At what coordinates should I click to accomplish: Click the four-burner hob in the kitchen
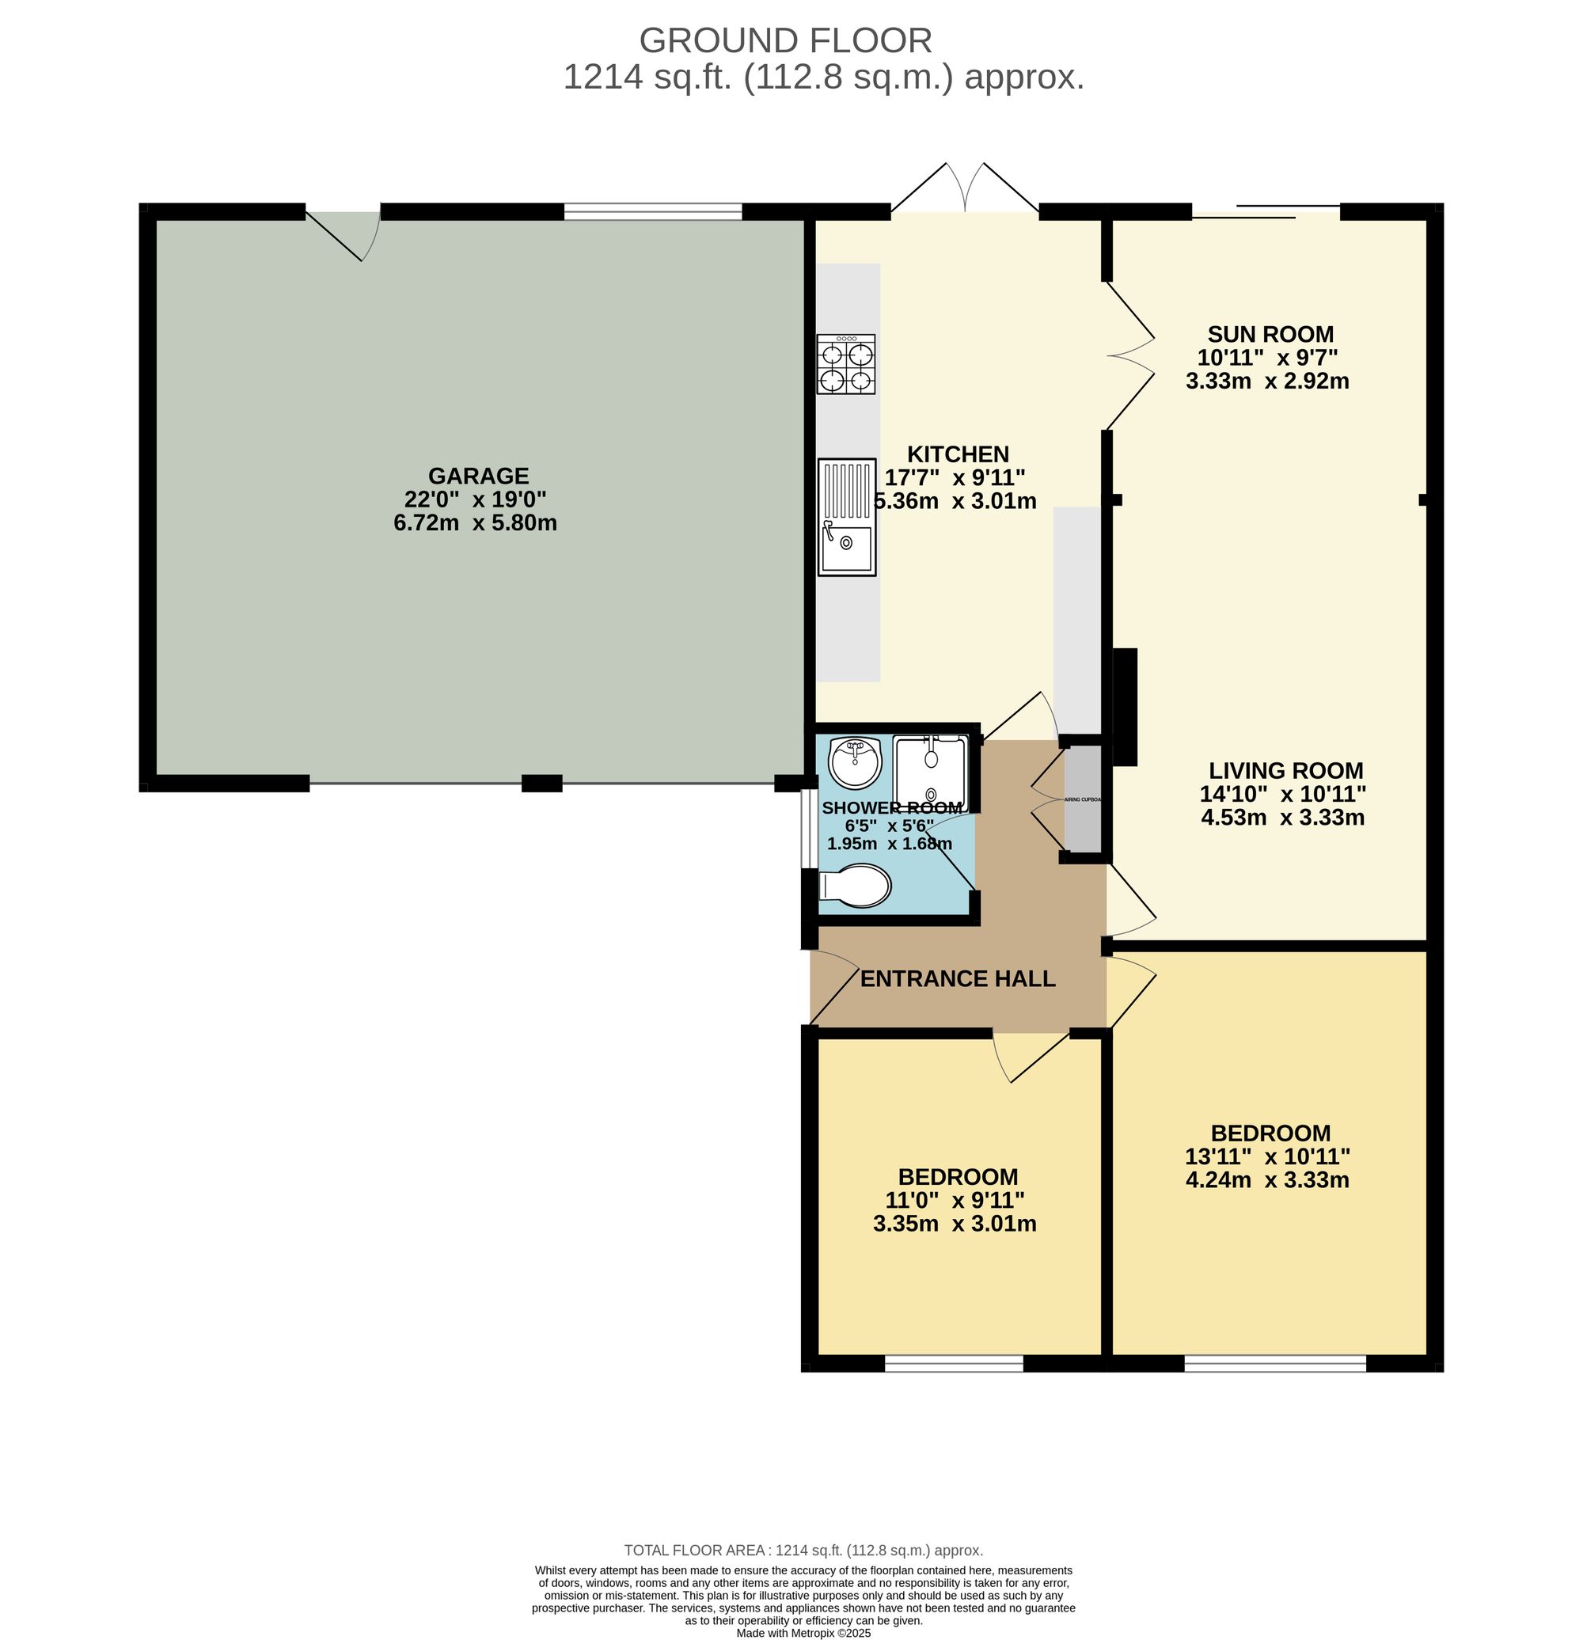tap(846, 364)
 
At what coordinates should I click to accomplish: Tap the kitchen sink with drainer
tap(846, 516)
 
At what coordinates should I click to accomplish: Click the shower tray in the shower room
tap(929, 773)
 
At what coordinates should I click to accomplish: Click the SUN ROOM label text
tap(1270, 334)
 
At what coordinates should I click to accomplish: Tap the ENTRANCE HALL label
tap(957, 978)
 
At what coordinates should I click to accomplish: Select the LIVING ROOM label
tap(1285, 770)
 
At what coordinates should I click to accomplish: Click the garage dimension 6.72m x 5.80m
tap(475, 523)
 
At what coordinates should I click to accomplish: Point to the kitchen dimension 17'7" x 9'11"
tap(955, 478)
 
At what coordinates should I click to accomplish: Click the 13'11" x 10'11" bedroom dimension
tap(1266, 1156)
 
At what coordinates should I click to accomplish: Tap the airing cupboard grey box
tap(1082, 799)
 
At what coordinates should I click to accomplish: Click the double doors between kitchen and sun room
tap(1129, 355)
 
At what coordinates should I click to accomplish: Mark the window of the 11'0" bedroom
tap(953, 1364)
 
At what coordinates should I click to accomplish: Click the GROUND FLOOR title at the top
tap(785, 40)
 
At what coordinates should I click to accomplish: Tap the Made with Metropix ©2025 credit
tap(803, 1632)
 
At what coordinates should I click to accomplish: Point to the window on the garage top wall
tap(653, 211)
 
